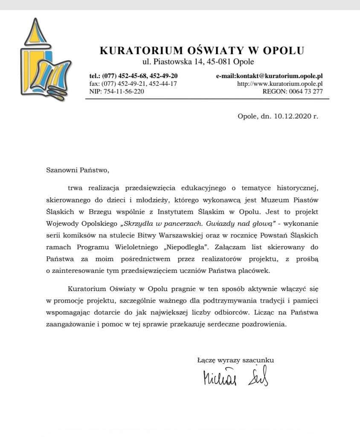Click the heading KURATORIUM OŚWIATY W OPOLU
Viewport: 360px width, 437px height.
click(202, 50)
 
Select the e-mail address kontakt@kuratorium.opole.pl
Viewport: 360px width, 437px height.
click(269, 76)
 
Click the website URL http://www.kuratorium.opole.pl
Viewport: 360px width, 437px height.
click(279, 84)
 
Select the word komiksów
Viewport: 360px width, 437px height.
click(79, 236)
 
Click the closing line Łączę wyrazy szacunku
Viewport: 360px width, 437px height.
click(235, 360)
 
